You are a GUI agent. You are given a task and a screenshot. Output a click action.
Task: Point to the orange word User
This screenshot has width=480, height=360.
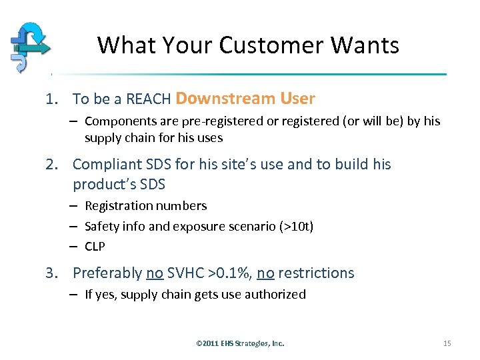(297, 99)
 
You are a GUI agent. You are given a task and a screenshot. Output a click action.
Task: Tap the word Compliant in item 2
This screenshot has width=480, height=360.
(107, 165)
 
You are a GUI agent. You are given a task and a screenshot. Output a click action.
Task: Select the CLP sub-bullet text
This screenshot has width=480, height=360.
(95, 247)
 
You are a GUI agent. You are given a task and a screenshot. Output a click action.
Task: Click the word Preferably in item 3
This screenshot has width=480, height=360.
(107, 273)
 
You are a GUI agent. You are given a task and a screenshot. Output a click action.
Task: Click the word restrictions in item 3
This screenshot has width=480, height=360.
(316, 273)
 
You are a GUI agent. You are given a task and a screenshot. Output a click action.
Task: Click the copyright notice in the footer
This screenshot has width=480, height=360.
(240, 343)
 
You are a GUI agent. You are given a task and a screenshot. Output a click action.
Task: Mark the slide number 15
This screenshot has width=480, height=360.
(447, 343)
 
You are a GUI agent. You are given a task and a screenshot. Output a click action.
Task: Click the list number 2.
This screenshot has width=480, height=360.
(51, 165)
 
